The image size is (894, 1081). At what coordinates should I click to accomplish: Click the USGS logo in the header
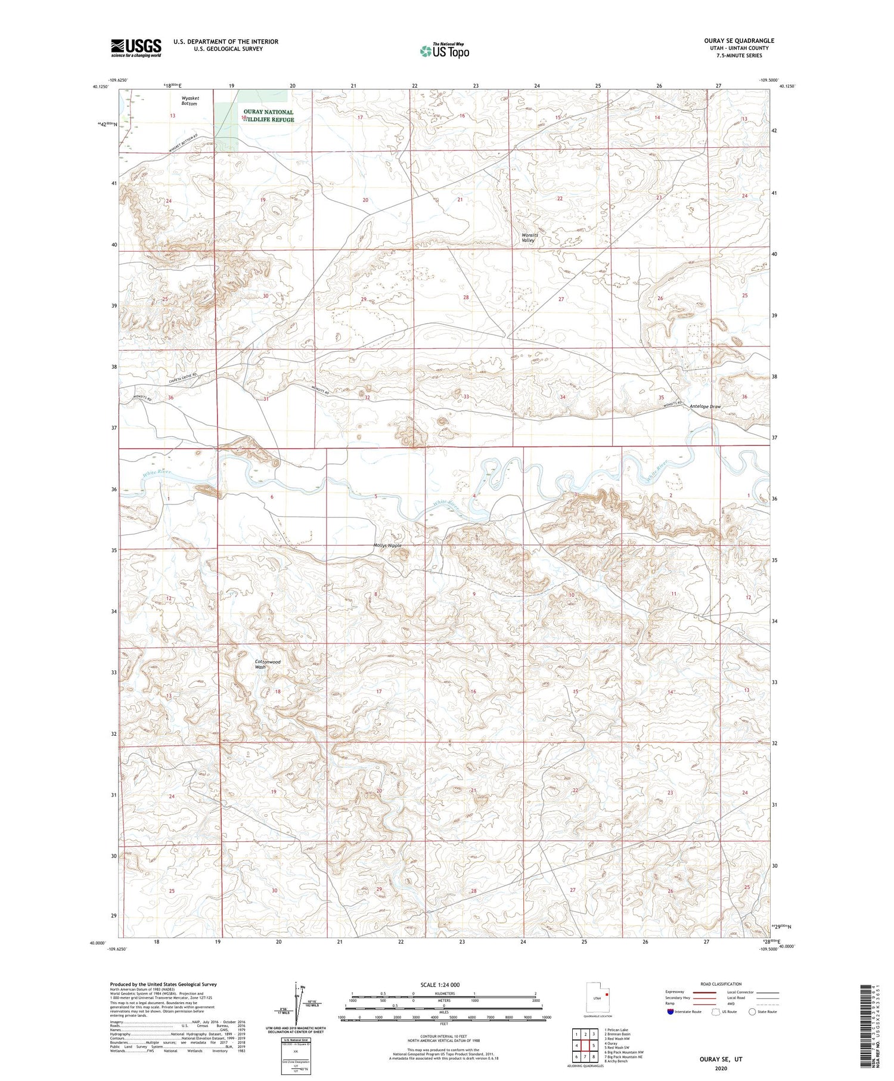[136, 48]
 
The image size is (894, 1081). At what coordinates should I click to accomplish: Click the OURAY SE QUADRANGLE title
[739, 41]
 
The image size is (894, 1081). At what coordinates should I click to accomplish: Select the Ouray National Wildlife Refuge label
[268, 116]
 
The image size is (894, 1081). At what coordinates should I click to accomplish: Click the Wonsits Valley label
[529, 237]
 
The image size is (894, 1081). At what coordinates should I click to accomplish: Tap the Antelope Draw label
[705, 407]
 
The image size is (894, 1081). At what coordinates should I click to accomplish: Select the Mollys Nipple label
[387, 546]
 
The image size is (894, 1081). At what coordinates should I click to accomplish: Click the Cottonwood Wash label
[267, 664]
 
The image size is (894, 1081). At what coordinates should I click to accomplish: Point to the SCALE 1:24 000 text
[444, 984]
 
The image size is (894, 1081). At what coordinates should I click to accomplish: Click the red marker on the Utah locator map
[607, 994]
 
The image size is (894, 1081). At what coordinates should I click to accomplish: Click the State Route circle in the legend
[753, 1011]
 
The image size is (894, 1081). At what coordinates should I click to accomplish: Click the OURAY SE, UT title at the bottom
[721, 1060]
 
